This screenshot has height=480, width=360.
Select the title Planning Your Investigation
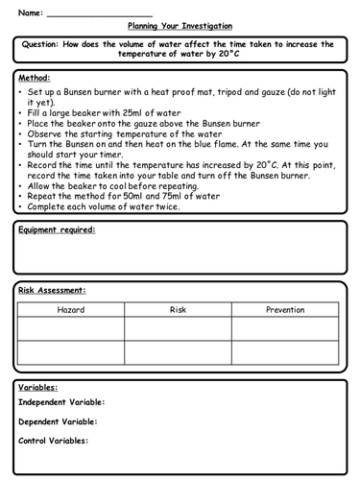click(x=180, y=27)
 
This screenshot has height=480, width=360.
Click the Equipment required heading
click(x=57, y=230)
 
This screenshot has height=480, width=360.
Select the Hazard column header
click(x=72, y=310)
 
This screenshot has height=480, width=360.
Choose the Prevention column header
click(x=285, y=310)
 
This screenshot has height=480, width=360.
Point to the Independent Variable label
click(x=61, y=403)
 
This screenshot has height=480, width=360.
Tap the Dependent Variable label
click(x=58, y=421)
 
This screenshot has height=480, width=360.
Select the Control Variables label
click(x=54, y=441)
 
